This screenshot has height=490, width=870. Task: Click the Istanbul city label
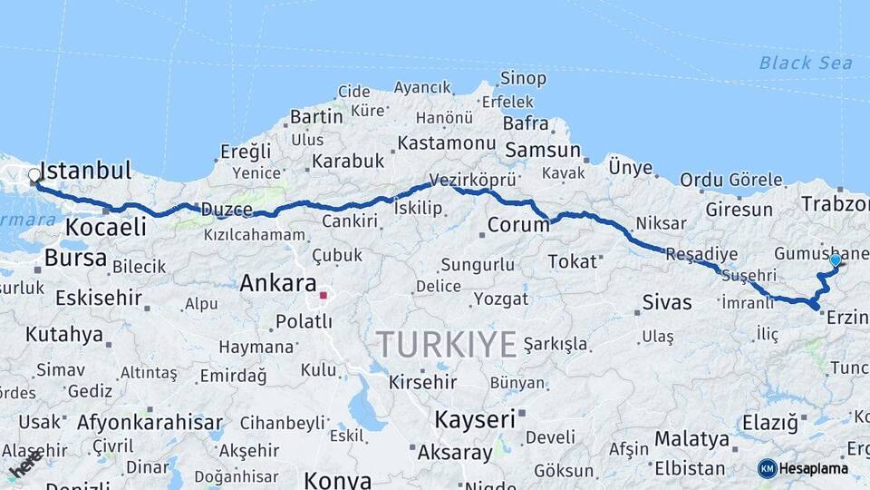(x=87, y=171)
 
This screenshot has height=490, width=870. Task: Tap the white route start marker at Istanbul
(x=34, y=175)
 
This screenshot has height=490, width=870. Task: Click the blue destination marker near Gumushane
(x=835, y=260)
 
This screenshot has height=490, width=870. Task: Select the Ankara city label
(x=277, y=283)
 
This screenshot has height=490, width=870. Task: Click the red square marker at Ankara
(x=323, y=295)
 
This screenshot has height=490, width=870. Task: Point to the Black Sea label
(x=806, y=63)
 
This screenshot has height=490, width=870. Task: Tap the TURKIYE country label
(x=446, y=344)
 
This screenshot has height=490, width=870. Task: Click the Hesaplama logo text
(x=815, y=468)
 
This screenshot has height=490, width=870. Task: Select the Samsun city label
(x=543, y=150)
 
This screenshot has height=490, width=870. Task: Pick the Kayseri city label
(x=474, y=419)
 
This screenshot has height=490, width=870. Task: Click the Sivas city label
(x=666, y=302)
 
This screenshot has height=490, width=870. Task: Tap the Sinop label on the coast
(x=524, y=79)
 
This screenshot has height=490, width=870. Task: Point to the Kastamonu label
(x=447, y=143)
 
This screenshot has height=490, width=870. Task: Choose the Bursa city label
(x=75, y=258)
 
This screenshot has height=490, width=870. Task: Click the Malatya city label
(x=691, y=438)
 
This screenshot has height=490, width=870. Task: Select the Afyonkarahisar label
(x=150, y=422)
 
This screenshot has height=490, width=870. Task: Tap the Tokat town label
(x=573, y=261)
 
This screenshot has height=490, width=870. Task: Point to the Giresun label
(x=739, y=210)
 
